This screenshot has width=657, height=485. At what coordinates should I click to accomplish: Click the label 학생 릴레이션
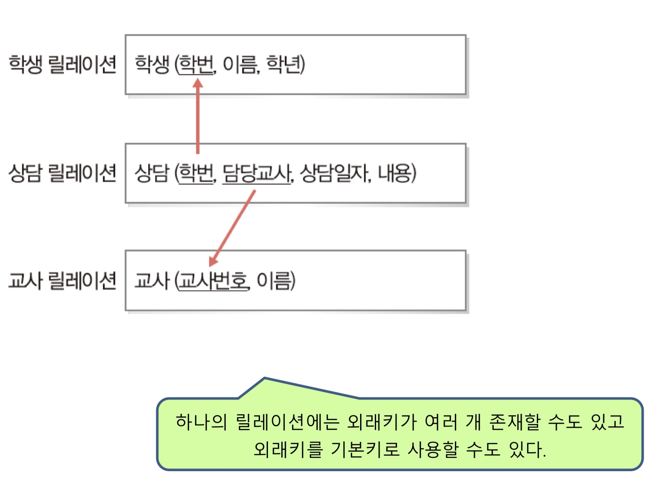pyautogui.click(x=62, y=65)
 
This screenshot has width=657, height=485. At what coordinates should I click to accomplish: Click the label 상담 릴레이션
pyautogui.click(x=62, y=173)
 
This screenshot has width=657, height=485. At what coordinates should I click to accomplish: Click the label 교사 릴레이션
pyautogui.click(x=62, y=281)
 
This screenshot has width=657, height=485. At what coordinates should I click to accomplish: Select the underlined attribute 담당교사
pyautogui.click(x=256, y=173)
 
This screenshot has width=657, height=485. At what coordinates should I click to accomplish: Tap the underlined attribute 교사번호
pyautogui.click(x=212, y=281)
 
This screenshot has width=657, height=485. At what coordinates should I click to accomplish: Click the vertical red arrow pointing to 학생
pyautogui.click(x=197, y=120)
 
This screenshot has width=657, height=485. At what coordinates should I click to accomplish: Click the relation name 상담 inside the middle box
pyautogui.click(x=152, y=173)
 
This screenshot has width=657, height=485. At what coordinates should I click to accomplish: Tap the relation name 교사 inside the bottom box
pyautogui.click(x=152, y=281)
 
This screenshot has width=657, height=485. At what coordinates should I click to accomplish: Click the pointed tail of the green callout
pyautogui.click(x=265, y=380)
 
